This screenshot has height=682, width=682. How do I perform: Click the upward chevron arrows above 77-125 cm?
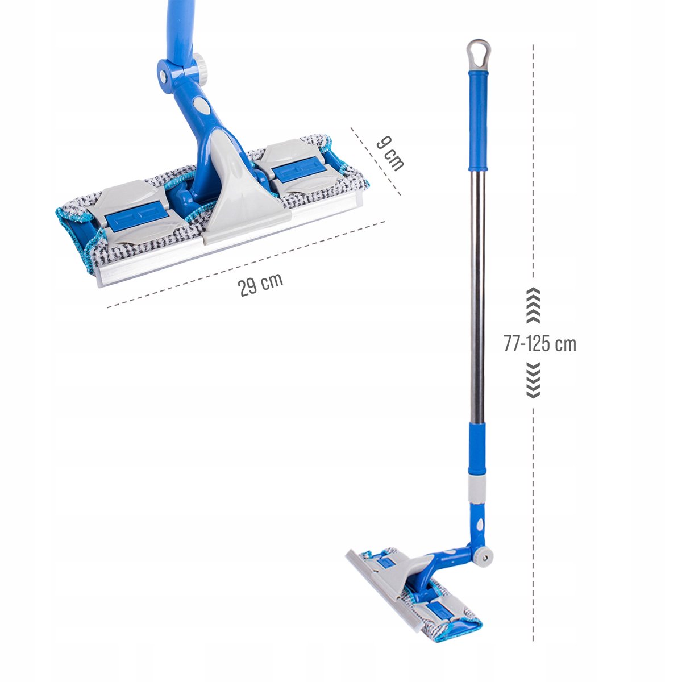[533, 305]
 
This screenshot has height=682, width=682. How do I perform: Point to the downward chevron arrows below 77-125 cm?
[533, 380]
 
